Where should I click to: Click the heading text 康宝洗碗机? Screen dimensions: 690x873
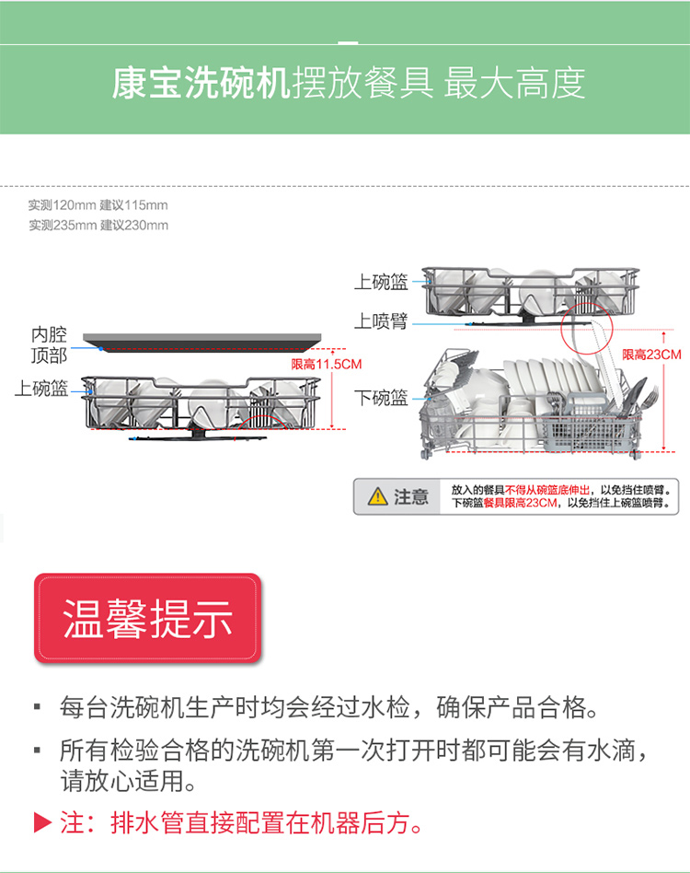[201, 84]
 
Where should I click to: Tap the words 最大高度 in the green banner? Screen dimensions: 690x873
[514, 84]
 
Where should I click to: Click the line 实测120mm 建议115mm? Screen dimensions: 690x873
[98, 205]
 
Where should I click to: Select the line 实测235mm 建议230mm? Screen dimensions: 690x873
[98, 226]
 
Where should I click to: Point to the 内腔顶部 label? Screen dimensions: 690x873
[49, 344]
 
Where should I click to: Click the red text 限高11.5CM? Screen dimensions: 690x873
[327, 364]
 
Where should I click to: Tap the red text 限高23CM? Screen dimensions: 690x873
[651, 355]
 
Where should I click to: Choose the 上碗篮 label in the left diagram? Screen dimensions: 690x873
[41, 389]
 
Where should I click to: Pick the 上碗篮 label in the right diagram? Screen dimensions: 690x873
[382, 283]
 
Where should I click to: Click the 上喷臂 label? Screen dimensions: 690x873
[382, 321]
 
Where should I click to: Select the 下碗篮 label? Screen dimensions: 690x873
[382, 398]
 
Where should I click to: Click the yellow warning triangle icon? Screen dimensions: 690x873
[377, 496]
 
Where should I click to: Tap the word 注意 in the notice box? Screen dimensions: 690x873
[411, 496]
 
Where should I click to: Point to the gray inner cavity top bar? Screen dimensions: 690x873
[201, 343]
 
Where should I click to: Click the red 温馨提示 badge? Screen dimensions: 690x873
[148, 618]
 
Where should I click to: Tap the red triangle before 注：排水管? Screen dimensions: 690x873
[42, 822]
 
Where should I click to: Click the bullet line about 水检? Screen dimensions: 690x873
[328, 707]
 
